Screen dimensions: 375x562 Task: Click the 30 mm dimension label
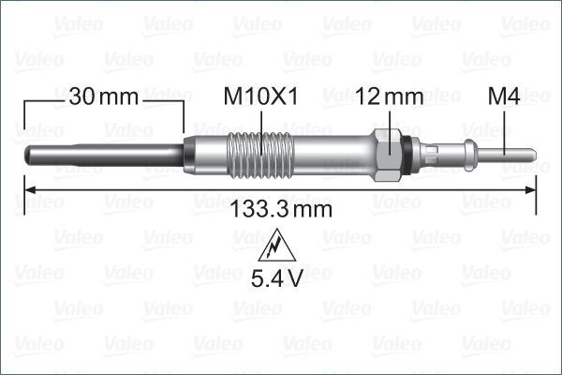(x=103, y=96)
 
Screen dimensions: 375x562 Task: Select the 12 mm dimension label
(x=391, y=96)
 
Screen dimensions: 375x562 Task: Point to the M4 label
(x=505, y=96)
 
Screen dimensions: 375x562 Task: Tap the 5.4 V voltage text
(x=275, y=278)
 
